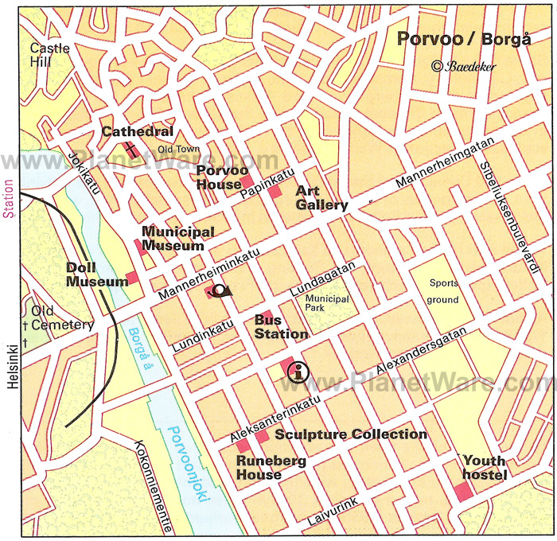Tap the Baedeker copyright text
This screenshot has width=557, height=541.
(x=464, y=67)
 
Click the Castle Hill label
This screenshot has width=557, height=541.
(x=49, y=55)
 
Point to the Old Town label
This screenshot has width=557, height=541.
(x=177, y=149)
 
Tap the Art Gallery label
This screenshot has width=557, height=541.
(x=321, y=198)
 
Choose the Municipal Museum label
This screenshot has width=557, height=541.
(x=177, y=239)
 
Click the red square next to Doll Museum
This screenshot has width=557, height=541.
(x=132, y=277)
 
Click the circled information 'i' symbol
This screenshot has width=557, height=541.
(x=298, y=371)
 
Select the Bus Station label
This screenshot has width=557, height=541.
(x=281, y=327)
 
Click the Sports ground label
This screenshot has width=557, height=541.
(x=444, y=291)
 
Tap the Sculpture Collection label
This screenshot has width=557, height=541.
(x=351, y=434)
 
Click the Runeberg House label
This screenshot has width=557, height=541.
(x=259, y=467)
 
